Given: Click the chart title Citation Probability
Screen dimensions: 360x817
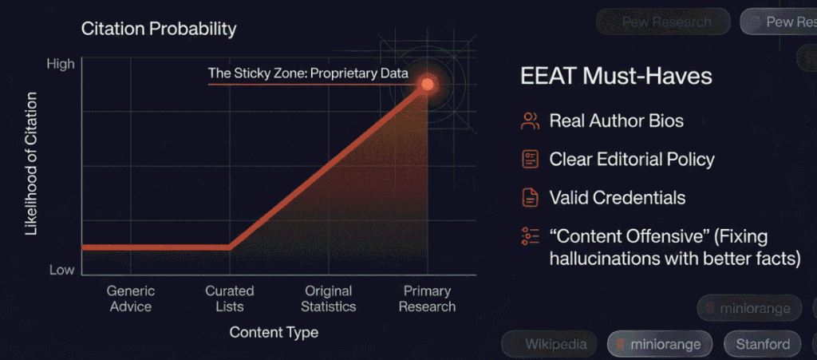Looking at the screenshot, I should (x=159, y=30).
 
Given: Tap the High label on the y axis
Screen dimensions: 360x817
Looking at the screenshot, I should (x=61, y=63).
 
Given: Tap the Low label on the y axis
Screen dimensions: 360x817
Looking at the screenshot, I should (x=61, y=270).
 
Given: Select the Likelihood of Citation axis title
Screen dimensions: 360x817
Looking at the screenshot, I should (x=32, y=164).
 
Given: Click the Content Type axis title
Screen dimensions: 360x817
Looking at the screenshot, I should (x=274, y=332).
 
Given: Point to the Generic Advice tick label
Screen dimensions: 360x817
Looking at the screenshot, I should (x=130, y=299).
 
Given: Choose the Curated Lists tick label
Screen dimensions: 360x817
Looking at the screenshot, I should (x=229, y=299).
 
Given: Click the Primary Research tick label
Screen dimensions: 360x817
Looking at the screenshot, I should (x=427, y=299).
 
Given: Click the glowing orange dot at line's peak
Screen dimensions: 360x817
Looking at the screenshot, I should (x=428, y=83).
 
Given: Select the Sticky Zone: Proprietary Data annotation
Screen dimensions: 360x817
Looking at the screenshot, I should (x=308, y=73).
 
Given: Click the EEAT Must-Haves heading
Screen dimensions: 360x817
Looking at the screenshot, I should (x=616, y=77).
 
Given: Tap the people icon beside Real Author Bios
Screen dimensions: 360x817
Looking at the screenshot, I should (x=530, y=121).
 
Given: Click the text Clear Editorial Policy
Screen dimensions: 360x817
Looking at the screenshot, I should (x=632, y=159).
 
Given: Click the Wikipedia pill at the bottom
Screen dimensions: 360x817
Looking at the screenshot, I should (x=555, y=345).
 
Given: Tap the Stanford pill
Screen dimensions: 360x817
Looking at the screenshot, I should (x=762, y=345).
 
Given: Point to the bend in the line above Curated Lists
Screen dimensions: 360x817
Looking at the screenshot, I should (x=230, y=247).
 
